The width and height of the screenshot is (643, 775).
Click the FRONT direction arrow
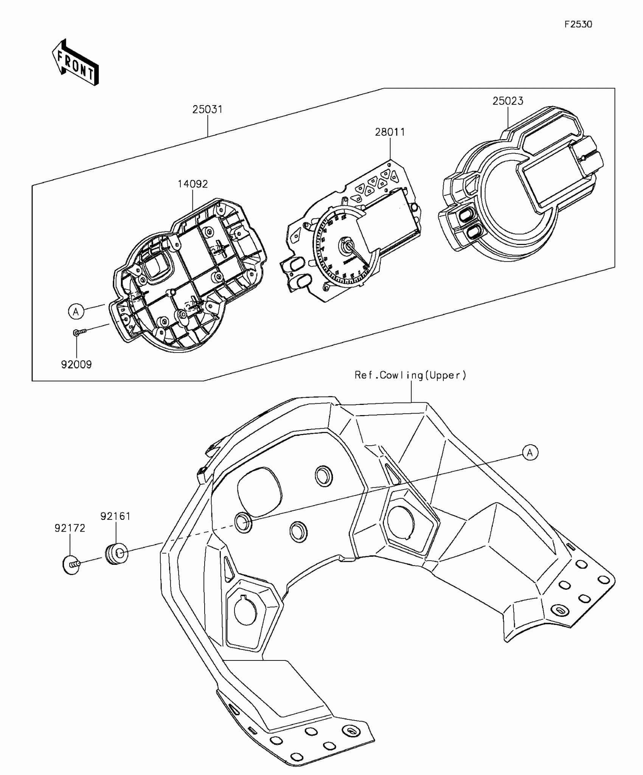[x=76, y=62]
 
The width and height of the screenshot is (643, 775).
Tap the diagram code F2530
[x=578, y=25]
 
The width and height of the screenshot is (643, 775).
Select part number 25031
[x=207, y=110]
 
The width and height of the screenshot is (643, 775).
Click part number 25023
[x=508, y=101]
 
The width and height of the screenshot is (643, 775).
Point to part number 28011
[x=390, y=132]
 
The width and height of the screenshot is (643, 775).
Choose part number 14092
[x=193, y=184]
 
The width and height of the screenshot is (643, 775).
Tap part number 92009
[x=76, y=365]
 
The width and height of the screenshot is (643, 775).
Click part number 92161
[x=115, y=516]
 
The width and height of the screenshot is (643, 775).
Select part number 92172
[x=70, y=528]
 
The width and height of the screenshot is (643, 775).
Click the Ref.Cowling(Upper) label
[x=410, y=375]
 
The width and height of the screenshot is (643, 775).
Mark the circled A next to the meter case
[x=76, y=312]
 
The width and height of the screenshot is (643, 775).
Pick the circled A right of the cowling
[x=530, y=453]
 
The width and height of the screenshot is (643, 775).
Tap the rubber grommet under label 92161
[x=116, y=554]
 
